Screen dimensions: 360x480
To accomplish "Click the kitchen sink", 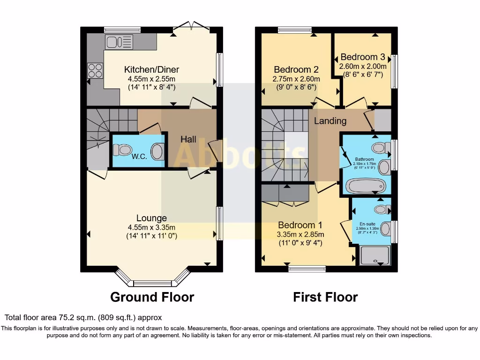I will point(120,42).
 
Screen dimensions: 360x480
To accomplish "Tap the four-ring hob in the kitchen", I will point(95,70).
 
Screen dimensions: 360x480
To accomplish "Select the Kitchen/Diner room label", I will point(151,69).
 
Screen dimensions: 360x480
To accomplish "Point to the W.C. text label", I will point(139,157).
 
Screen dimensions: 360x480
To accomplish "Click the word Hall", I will point(188,139).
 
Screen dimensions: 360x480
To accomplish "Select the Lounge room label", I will point(151,218).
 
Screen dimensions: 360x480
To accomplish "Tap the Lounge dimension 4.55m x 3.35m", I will point(151,227).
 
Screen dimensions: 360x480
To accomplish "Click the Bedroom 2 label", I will point(296,69).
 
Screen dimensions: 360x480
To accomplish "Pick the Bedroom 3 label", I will point(363,57).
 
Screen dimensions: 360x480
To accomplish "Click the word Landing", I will point(330,121).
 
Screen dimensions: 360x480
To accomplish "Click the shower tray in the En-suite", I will point(374,256).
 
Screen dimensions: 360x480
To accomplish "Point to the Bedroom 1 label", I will point(300,225).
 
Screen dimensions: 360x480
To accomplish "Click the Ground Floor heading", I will point(152,297).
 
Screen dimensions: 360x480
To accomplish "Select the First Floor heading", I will point(325,297).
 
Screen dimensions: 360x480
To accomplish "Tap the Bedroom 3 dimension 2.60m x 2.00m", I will point(363,66).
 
